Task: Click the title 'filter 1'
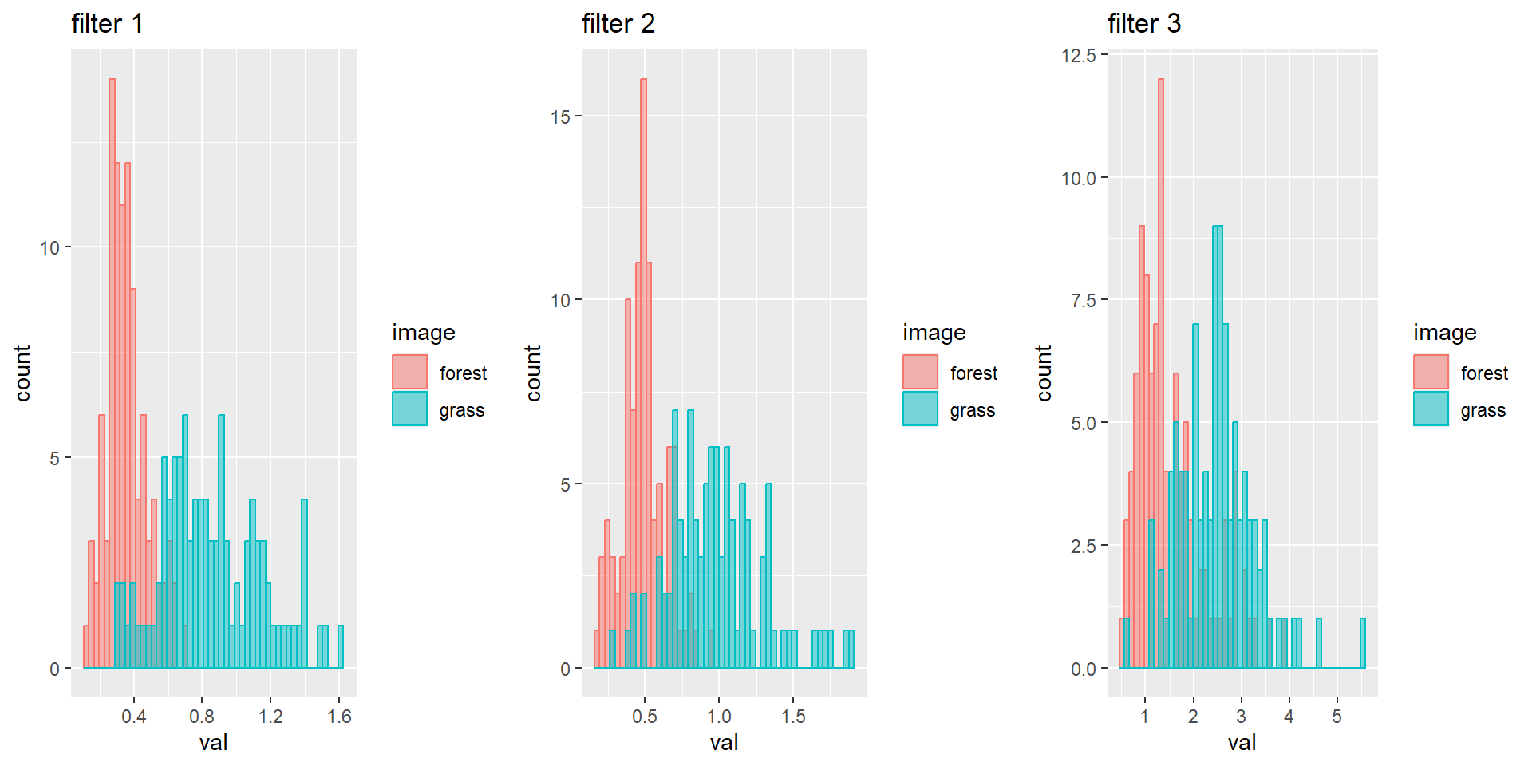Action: [x=107, y=24]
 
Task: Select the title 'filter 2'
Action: [x=618, y=24]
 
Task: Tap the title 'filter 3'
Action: [x=1143, y=24]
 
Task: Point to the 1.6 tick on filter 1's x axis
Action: [x=339, y=717]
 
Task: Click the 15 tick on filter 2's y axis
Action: [x=560, y=116]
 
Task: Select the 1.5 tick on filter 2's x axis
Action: [x=793, y=717]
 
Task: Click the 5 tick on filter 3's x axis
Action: [x=1337, y=717]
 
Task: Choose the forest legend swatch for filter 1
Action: [x=409, y=373]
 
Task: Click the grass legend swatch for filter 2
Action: [x=920, y=409]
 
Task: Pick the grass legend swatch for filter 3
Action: [x=1431, y=409]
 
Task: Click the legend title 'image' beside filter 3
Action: [x=1444, y=332]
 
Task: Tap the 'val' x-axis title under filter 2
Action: [x=724, y=743]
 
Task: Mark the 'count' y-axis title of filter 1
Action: [x=22, y=373]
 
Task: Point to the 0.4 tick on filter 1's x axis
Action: [x=134, y=717]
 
